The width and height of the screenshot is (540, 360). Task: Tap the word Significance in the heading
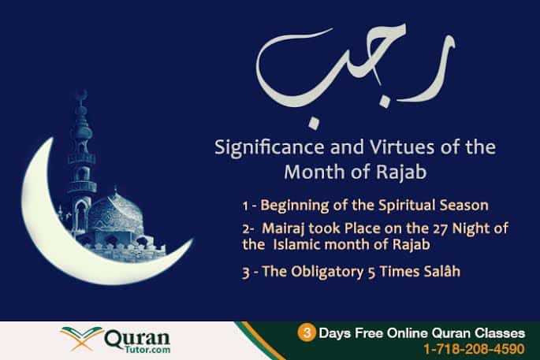270,147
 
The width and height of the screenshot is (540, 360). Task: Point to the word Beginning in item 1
295,206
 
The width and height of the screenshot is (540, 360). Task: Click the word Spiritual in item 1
406,206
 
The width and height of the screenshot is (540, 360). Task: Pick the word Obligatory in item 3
327,272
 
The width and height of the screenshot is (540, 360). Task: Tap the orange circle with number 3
306,332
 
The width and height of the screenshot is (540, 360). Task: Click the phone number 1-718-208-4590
475,349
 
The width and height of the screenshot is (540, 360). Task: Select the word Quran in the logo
137,338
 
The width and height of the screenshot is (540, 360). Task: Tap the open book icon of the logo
81,338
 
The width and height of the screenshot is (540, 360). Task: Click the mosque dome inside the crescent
115,212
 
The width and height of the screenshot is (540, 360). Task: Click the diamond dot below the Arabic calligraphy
314,124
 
